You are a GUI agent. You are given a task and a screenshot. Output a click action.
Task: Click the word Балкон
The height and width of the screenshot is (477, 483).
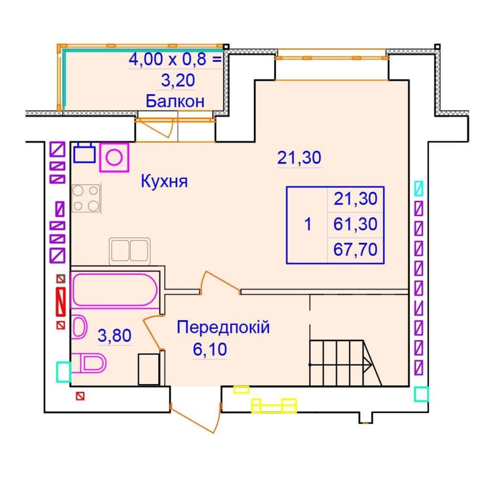point(175,101)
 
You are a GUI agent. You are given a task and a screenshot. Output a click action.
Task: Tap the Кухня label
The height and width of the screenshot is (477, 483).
point(164,181)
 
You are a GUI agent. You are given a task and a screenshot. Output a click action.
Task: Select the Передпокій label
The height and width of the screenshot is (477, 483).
point(223,327)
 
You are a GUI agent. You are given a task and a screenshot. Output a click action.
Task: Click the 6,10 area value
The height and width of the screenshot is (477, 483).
point(210,349)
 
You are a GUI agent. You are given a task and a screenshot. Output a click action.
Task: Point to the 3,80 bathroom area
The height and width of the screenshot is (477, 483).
point(114,335)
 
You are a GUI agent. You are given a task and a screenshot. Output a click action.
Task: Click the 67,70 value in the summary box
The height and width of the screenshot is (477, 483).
point(355,250)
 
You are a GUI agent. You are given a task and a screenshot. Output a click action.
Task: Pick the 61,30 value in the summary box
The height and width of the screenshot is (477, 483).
point(355,224)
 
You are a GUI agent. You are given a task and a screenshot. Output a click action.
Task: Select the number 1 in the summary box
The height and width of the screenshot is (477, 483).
point(308,224)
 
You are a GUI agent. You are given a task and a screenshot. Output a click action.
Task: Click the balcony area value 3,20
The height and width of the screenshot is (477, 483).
point(178,81)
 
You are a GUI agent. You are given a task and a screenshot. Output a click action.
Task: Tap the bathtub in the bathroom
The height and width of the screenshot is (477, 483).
point(114,290)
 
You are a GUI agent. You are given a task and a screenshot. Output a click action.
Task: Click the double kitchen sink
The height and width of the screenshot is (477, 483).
point(130,251)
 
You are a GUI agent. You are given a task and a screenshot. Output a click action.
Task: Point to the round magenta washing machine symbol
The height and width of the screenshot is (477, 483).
point(114,157)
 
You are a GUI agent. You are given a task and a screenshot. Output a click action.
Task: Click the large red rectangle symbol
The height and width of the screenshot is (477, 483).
point(61,302)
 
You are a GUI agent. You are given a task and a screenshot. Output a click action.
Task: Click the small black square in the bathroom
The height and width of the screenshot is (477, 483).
point(149,369)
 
